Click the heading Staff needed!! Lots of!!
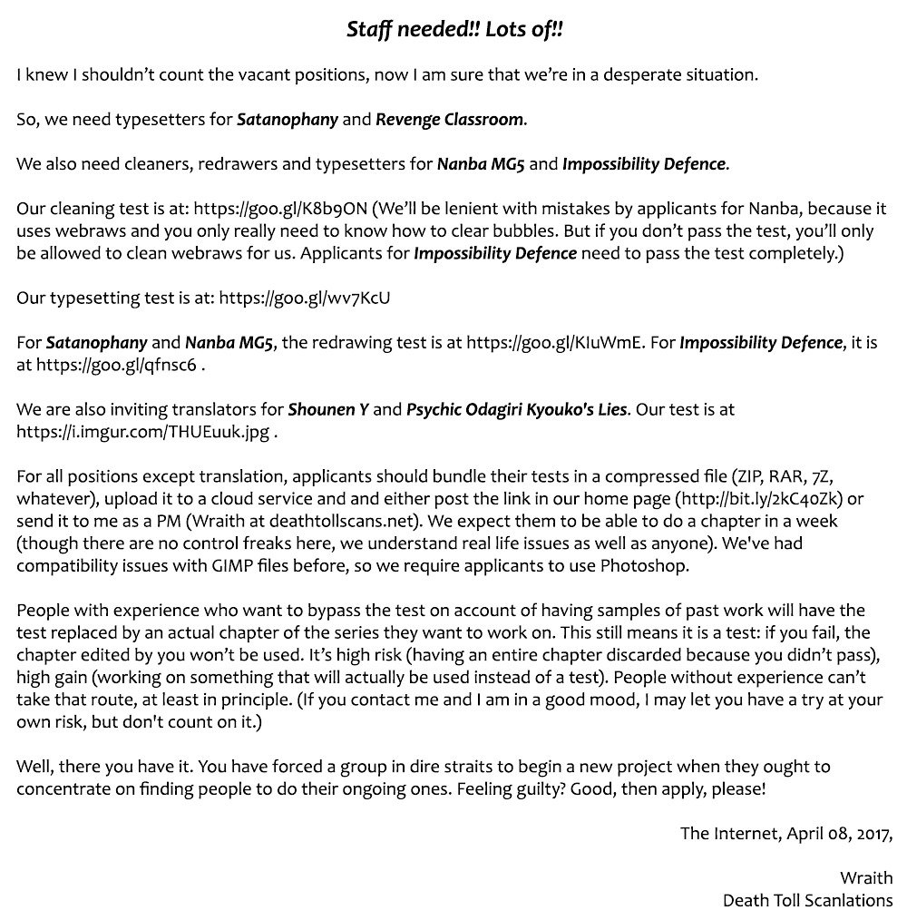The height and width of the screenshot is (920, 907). pyautogui.click(x=454, y=30)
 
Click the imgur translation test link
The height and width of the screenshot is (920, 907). pyautogui.click(x=142, y=432)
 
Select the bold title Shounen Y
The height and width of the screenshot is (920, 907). pyautogui.click(x=328, y=410)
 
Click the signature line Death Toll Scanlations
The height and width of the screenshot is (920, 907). pyautogui.click(x=807, y=900)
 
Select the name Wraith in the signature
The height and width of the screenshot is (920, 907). pyautogui.click(x=865, y=877)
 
